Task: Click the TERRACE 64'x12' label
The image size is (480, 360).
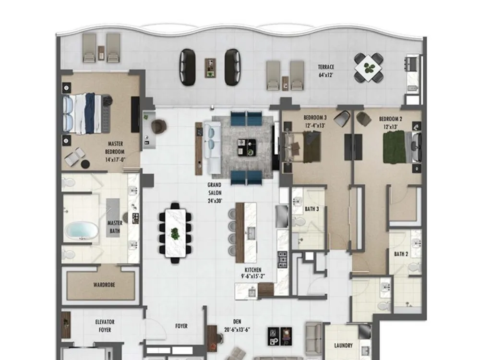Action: tap(326, 71)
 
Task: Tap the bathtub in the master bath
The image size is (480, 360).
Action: tap(82, 231)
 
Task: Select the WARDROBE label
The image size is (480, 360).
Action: tap(104, 285)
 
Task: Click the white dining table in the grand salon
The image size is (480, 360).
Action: tap(175, 233)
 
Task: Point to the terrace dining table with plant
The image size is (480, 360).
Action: tap(369, 68)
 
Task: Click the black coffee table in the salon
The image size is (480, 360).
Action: tap(247, 147)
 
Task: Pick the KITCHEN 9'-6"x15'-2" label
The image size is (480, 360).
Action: tap(253, 273)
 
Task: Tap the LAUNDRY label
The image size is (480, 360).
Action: tap(343, 346)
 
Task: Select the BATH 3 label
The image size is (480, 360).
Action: tap(312, 209)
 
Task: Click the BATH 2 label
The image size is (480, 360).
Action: tap(401, 254)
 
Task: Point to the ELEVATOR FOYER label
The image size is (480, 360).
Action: tap(105, 326)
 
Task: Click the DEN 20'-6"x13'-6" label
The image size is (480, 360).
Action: tap(237, 325)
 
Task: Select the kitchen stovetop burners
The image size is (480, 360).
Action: tap(282, 260)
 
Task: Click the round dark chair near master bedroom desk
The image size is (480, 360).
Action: tap(159, 126)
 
